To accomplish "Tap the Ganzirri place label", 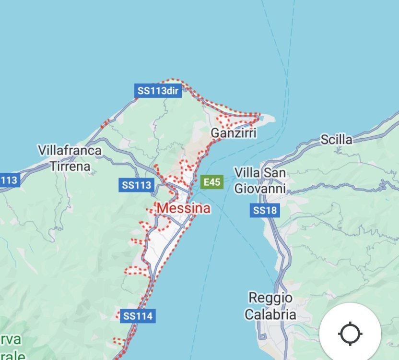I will [234, 133].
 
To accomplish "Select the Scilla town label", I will [336, 140].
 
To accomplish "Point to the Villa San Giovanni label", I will [260, 180].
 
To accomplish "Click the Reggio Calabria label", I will [270, 306].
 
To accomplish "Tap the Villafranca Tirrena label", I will [70, 158].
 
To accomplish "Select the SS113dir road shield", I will [157, 90].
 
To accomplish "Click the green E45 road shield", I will [211, 182].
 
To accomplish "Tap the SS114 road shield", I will [137, 316].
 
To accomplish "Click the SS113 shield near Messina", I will [136, 185].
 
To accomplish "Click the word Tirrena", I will [70, 167].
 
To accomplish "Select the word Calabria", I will [270, 315].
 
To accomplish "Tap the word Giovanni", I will [260, 188].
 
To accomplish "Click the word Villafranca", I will [70, 151].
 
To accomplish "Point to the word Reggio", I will [270, 298].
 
